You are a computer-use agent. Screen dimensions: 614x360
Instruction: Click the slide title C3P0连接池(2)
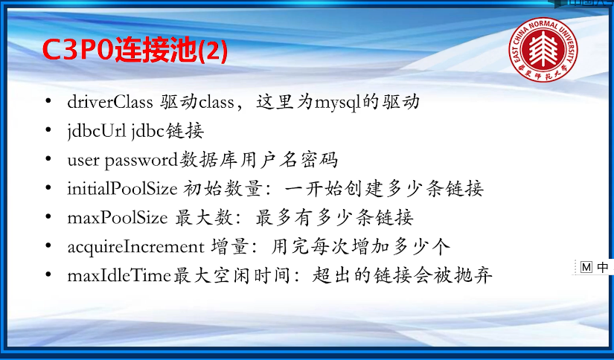(135, 51)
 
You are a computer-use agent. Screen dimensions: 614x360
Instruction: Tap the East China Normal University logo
(543, 49)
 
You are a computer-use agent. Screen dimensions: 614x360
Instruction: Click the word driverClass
(110, 102)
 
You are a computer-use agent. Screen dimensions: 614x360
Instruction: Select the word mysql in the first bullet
(336, 103)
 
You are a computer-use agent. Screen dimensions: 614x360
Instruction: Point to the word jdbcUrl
(97, 132)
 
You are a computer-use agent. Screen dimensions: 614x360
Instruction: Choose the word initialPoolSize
(122, 190)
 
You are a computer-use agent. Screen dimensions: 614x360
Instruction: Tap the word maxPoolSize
(118, 218)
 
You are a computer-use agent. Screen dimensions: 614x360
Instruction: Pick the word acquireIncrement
(135, 247)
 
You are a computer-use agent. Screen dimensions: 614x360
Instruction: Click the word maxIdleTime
(119, 275)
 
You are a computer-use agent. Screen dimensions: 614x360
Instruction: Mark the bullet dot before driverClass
(48, 101)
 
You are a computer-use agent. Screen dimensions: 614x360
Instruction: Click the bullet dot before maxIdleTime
(48, 274)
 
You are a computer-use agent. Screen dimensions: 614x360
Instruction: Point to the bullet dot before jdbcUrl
(48, 130)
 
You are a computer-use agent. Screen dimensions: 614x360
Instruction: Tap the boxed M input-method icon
(586, 267)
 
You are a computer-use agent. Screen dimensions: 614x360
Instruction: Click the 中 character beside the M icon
(603, 267)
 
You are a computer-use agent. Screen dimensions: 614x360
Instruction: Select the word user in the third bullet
(83, 161)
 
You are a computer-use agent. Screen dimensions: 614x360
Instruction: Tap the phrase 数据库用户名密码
(258, 160)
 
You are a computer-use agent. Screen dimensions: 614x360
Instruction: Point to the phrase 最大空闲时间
(231, 275)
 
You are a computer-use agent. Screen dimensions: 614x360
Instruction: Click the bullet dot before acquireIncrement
(48, 245)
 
